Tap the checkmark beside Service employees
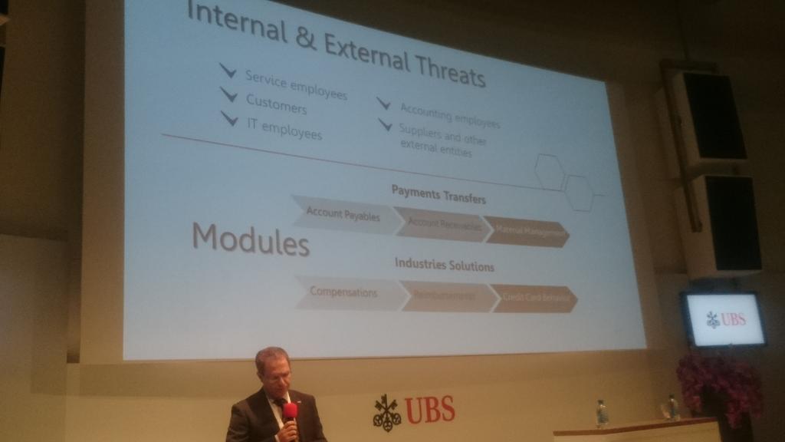(228, 71)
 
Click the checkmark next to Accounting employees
(384, 103)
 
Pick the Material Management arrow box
(529, 231)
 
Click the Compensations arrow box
(344, 292)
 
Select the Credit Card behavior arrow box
(534, 299)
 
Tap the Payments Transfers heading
(438, 194)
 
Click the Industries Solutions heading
(444, 266)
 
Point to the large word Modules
(250, 240)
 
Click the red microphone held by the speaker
(290, 413)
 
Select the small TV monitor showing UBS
(724, 318)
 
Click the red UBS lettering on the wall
(429, 410)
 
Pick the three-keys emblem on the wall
(386, 413)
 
